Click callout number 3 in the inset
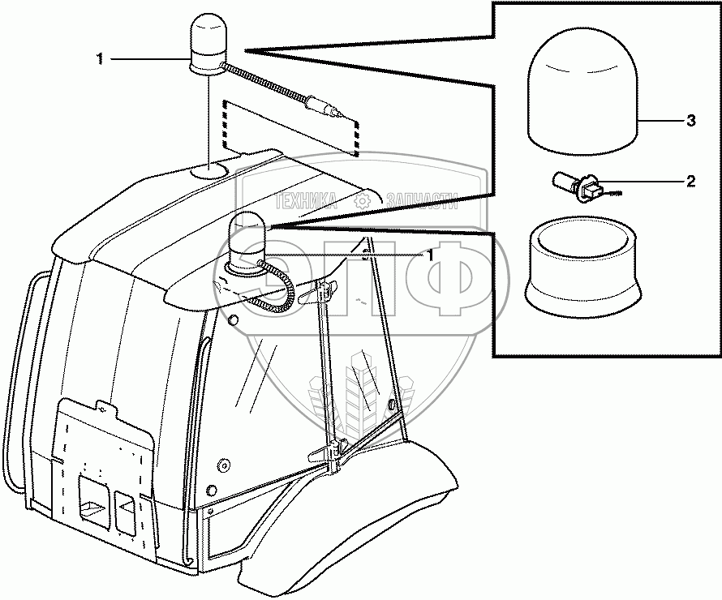click(x=690, y=122)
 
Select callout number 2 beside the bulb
click(x=690, y=182)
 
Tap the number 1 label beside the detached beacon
click(x=100, y=58)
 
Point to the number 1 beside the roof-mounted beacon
click(x=431, y=255)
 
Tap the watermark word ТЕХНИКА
click(x=307, y=202)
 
